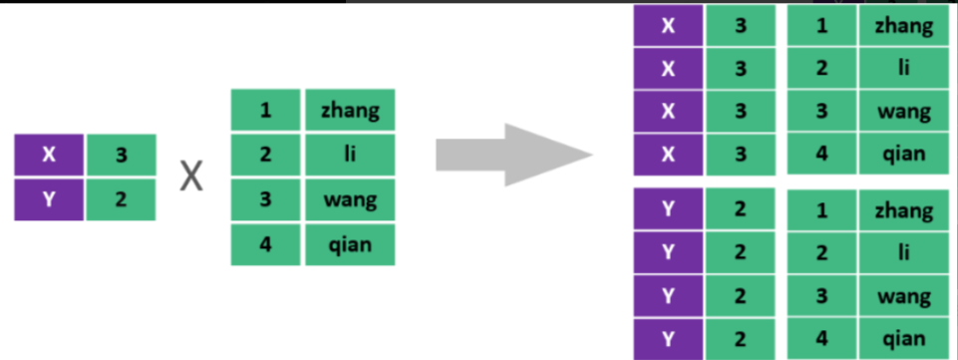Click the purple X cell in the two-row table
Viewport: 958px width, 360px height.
point(49,156)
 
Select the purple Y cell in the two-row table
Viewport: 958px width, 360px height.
point(49,199)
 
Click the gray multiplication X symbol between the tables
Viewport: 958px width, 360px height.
point(192,179)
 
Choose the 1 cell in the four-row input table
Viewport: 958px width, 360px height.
point(266,110)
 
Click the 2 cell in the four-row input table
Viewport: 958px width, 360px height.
point(266,155)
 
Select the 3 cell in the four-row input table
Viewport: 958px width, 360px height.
point(266,199)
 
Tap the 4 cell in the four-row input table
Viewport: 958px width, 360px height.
point(266,244)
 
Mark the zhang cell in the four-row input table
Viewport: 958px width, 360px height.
point(351,110)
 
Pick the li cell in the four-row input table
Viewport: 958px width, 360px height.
point(351,155)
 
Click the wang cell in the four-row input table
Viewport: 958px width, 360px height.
point(351,199)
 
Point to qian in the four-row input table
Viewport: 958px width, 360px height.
point(351,244)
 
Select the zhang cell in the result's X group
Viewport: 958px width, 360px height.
point(903,26)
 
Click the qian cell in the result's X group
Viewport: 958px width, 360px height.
point(903,154)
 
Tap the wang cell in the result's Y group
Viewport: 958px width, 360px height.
point(903,297)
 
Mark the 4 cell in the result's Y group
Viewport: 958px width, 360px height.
point(822,339)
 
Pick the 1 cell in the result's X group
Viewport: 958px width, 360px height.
point(822,26)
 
